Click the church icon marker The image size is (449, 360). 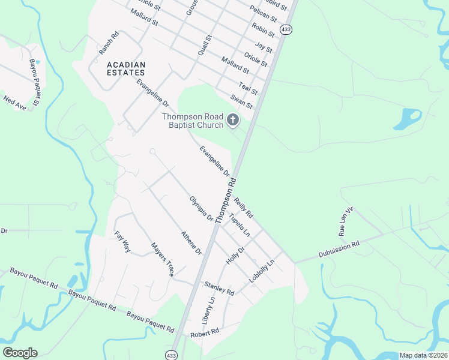233,121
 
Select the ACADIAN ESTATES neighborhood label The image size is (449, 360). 126,68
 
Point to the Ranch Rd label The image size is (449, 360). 109,43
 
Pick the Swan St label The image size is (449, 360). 241,101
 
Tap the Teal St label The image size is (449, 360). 248,88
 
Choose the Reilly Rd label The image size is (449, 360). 244,208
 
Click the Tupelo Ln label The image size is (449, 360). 239,224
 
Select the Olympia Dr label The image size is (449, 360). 201,208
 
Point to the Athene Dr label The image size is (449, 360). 191,243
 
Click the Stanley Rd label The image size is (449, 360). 219,288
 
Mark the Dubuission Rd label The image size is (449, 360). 339,248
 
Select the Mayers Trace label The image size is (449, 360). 162,259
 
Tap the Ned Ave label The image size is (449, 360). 15,103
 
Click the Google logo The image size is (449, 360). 20,353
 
